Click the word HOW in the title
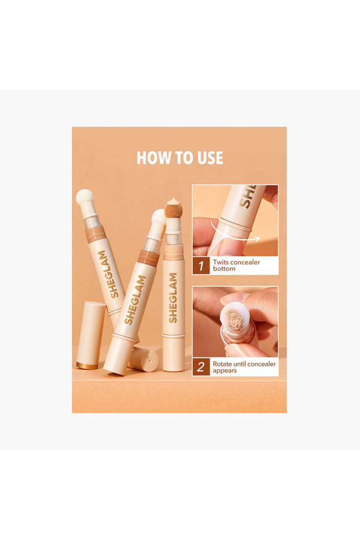point(152,158)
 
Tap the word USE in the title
point(210,158)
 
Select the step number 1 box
point(201,266)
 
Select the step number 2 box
point(201,367)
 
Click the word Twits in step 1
point(223,262)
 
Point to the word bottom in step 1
point(225,269)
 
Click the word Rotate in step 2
point(225,363)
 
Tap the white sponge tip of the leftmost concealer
point(85,197)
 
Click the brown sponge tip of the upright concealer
point(173,208)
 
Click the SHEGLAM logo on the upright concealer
point(173,297)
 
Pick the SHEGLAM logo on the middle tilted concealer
point(135,300)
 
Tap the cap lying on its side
point(145,358)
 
